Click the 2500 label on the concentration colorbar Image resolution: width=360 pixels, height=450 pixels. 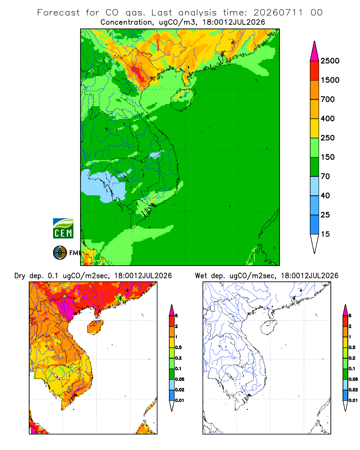[x=330, y=61]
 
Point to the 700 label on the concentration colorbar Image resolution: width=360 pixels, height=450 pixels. [x=328, y=99]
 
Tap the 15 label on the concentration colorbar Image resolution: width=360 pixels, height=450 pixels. [x=325, y=234]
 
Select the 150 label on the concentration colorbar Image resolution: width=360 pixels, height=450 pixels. [x=328, y=157]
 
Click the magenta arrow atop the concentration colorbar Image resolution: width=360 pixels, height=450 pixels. [x=315, y=52]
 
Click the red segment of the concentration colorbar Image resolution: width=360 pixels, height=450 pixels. [x=315, y=71]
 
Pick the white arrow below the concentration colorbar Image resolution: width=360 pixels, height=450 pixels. [x=315, y=243]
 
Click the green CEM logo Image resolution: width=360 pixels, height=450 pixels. [x=63, y=229]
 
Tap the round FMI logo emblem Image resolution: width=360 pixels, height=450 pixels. [x=60, y=253]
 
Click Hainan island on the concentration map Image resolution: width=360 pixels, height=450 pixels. [x=183, y=99]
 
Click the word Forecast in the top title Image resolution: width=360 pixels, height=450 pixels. [x=58, y=13]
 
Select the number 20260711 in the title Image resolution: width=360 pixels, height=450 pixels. [x=278, y=13]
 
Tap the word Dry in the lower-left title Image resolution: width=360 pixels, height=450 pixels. [x=20, y=276]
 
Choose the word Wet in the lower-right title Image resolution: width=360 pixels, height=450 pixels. [x=201, y=276]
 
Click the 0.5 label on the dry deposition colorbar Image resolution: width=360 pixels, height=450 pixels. [x=178, y=347]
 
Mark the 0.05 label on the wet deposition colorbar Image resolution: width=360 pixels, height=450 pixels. [x=353, y=379]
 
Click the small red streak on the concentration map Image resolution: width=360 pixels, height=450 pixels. [x=158, y=45]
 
